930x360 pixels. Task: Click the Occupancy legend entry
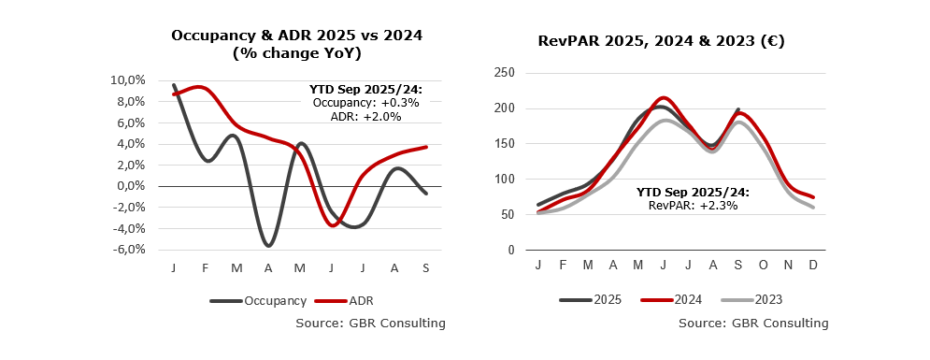(258, 301)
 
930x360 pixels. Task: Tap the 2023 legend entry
(751, 300)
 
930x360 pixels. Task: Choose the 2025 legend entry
(590, 300)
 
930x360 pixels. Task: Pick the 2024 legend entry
(671, 300)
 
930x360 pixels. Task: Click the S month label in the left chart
(426, 268)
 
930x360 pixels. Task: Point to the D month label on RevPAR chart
(813, 265)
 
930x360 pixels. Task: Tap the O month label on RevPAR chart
(764, 265)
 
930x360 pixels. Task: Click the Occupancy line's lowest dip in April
(268, 246)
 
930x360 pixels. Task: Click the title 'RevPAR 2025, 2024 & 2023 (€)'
(662, 41)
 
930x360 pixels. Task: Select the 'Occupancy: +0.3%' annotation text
(366, 103)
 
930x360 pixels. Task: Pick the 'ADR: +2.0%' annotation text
(366, 117)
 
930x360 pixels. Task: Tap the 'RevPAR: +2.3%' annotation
(693, 206)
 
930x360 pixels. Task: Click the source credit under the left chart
(371, 324)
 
